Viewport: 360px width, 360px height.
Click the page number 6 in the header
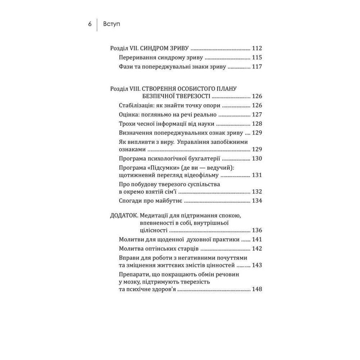coord(89,24)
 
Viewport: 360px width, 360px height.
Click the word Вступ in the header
coord(111,24)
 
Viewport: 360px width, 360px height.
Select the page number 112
coord(257,48)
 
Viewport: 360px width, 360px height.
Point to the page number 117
coord(257,67)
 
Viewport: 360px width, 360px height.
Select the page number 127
coord(257,115)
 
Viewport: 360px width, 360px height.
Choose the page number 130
coord(257,159)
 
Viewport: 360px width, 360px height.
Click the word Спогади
coord(130,201)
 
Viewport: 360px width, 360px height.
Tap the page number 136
coord(257,231)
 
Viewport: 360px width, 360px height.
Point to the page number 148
coord(257,289)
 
